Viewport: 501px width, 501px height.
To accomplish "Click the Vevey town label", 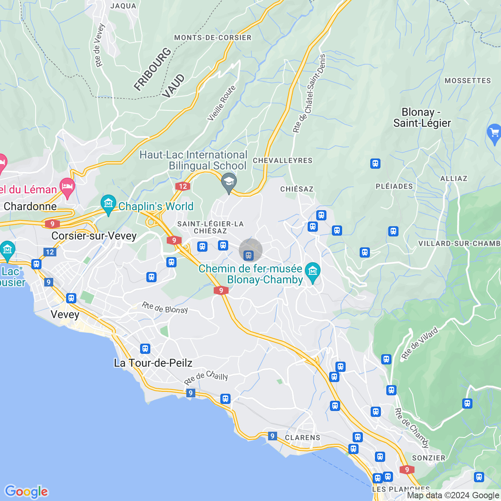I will tap(65, 315).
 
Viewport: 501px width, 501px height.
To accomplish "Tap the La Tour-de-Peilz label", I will tap(153, 363).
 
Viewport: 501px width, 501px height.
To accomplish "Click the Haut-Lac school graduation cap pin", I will tap(229, 182).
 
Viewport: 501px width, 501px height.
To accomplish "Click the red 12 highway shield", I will tap(182, 186).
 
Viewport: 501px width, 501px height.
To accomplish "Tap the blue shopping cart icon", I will tap(494, 133).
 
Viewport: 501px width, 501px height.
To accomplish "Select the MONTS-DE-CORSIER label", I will tap(213, 38).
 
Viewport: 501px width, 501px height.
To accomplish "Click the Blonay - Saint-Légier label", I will tap(422, 118).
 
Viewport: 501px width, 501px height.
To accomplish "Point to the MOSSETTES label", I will tap(468, 81).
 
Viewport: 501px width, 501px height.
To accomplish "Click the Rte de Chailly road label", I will tap(206, 377).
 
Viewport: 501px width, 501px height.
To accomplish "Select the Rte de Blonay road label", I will tap(165, 308).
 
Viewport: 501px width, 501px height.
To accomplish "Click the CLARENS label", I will tap(303, 438).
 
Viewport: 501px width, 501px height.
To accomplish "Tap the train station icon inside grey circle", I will tap(249, 256).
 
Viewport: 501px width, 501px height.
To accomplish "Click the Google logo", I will tap(26, 492).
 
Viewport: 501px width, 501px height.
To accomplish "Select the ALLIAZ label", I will tap(454, 178).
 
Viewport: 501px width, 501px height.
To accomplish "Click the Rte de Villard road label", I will tap(420, 343).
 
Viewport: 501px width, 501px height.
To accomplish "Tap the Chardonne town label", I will tap(30, 207).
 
